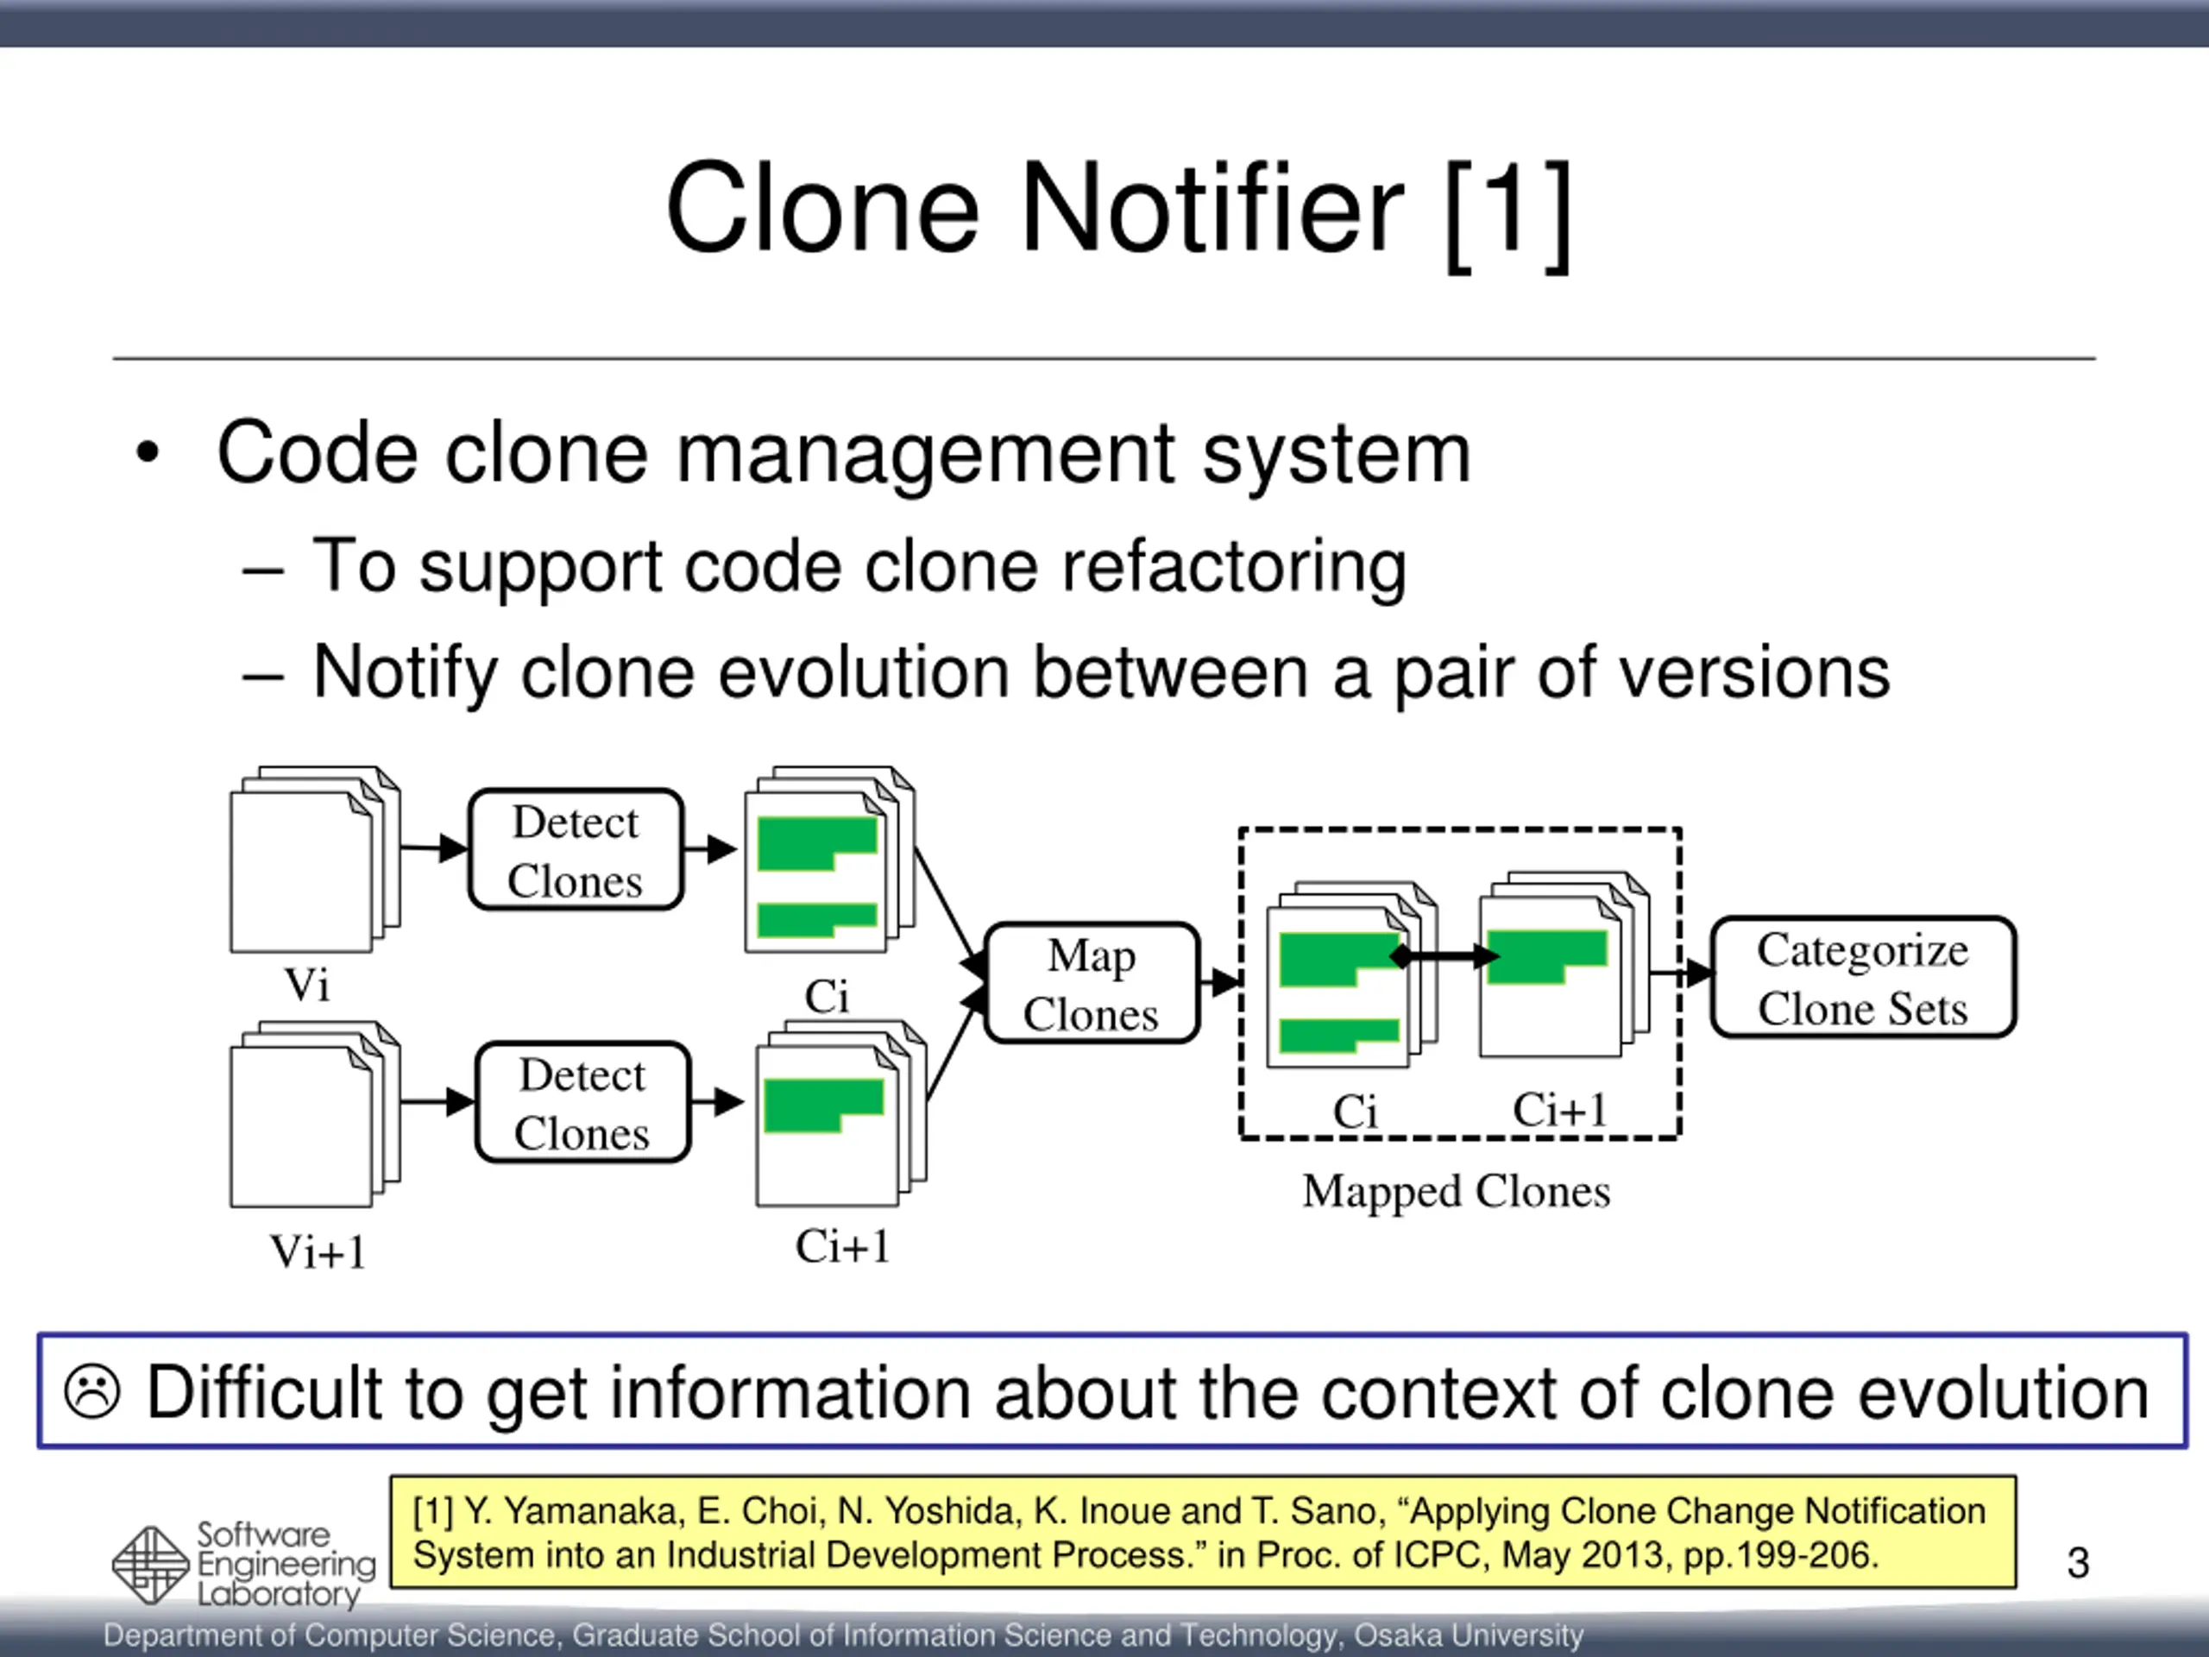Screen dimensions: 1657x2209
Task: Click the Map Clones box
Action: tap(1092, 984)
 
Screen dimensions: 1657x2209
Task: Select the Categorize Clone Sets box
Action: tap(1862, 978)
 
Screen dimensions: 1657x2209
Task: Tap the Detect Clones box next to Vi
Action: tap(576, 850)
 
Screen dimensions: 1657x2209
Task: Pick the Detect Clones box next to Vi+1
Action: tap(583, 1103)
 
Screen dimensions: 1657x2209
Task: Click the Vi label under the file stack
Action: tap(306, 985)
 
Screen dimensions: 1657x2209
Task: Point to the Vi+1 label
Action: tap(318, 1251)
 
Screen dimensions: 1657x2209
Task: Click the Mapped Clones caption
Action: tap(1456, 1191)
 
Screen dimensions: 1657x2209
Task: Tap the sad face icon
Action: tap(91, 1391)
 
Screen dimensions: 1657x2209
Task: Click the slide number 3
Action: tap(2077, 1562)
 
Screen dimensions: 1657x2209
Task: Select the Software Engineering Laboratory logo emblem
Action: tap(150, 1566)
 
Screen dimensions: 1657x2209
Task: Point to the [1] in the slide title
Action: tap(1508, 211)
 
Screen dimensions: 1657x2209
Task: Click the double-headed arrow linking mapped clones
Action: tap(1444, 956)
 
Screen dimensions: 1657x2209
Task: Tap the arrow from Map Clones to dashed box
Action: tap(1220, 983)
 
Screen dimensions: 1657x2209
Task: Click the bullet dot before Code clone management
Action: tap(148, 453)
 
